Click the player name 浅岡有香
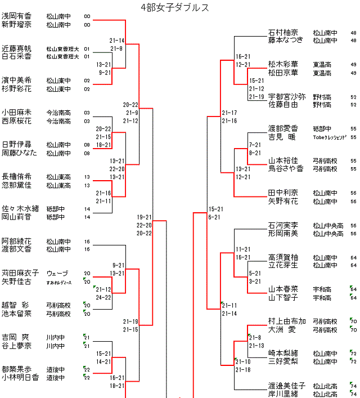tap(16, 16)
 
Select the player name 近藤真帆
tap(16, 48)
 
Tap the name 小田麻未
tap(16, 113)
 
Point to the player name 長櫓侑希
tap(16, 177)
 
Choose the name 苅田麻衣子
tap(20, 273)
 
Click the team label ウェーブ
tap(57, 273)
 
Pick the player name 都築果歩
tap(16, 369)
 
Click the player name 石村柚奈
tap(283, 33)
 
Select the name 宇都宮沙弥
tap(287, 97)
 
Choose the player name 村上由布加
tap(287, 321)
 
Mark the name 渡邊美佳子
tap(287, 386)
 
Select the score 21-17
tap(229, 113)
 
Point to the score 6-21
tap(214, 217)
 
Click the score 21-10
tap(243, 361)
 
